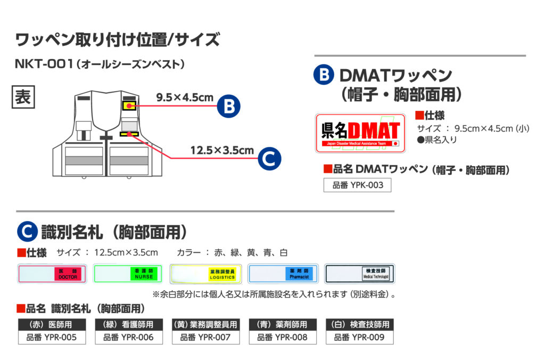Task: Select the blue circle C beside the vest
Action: point(269,158)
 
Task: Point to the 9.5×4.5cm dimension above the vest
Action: point(185,97)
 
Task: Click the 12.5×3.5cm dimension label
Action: point(222,150)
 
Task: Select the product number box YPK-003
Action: point(357,185)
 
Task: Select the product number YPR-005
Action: point(52,337)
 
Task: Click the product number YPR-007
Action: point(205,337)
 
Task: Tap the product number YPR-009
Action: point(359,337)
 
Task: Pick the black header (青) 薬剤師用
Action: point(283,324)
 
